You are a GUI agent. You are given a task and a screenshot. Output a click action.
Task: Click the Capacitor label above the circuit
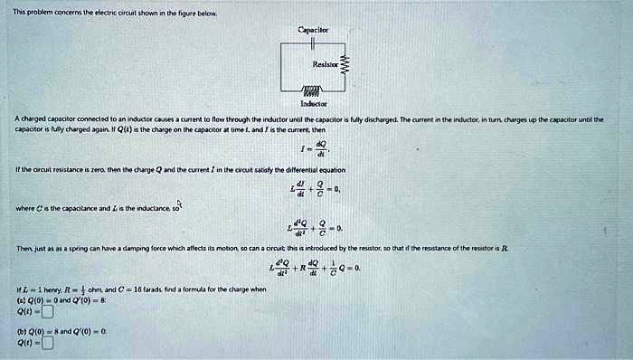pyautogui.click(x=312, y=30)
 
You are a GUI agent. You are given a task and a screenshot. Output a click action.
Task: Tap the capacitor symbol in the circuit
pyautogui.click(x=310, y=45)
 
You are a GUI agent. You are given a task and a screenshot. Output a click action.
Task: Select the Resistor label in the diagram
pyautogui.click(x=326, y=65)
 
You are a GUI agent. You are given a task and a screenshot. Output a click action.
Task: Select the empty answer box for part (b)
pyautogui.click(x=46, y=343)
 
